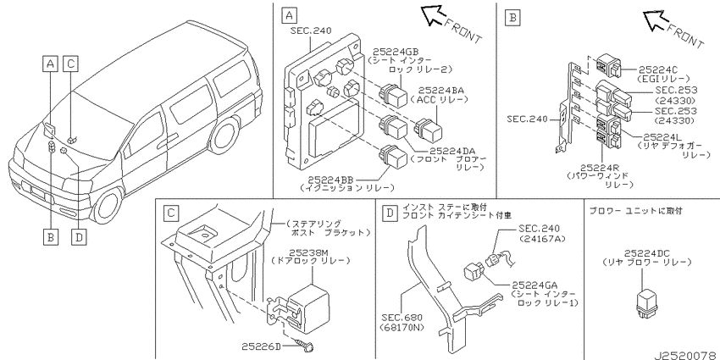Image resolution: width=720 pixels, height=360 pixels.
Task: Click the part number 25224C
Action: (658, 69)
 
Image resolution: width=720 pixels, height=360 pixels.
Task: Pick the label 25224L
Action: (662, 137)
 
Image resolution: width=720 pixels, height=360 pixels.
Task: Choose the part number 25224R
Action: (600, 168)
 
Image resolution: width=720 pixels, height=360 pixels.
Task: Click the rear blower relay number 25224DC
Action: (647, 253)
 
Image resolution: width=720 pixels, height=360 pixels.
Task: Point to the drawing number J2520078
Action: (685, 356)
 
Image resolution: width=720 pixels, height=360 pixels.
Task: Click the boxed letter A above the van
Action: (50, 64)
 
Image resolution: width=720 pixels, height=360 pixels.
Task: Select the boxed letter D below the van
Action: (79, 237)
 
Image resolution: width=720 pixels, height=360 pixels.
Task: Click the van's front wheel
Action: (108, 205)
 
